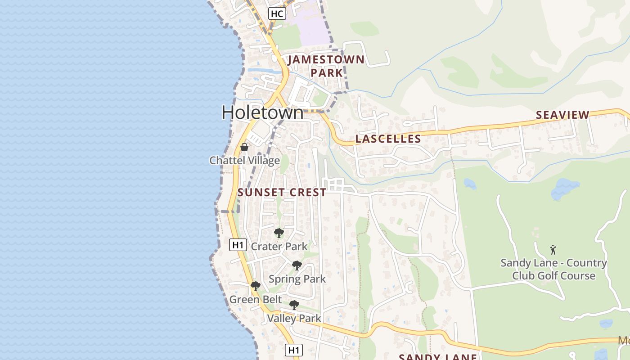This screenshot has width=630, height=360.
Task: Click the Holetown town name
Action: (262, 112)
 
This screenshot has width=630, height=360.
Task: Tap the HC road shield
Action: (277, 13)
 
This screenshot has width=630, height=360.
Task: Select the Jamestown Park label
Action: (326, 66)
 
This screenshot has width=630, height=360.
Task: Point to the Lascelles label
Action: (388, 139)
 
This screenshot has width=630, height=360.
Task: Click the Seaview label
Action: (562, 115)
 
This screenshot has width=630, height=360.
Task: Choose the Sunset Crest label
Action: (282, 193)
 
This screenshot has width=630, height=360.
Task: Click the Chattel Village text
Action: (244, 161)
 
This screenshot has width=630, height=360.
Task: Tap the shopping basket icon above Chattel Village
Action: (244, 147)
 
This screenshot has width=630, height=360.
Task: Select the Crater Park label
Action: (279, 246)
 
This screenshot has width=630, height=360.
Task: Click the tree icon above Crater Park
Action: (279, 233)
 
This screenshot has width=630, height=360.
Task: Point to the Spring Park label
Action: (297, 279)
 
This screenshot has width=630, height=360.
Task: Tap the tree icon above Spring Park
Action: (297, 265)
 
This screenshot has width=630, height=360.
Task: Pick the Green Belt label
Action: (256, 300)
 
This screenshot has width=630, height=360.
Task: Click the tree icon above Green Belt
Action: (255, 286)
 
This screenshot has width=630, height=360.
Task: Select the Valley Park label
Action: (294, 319)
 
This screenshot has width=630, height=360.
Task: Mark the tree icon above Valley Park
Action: (294, 305)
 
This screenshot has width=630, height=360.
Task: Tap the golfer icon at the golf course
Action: (553, 250)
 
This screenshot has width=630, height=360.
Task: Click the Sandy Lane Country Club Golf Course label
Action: (553, 269)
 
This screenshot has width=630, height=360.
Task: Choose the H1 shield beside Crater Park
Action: (238, 245)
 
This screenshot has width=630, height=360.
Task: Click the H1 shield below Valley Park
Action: (294, 350)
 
